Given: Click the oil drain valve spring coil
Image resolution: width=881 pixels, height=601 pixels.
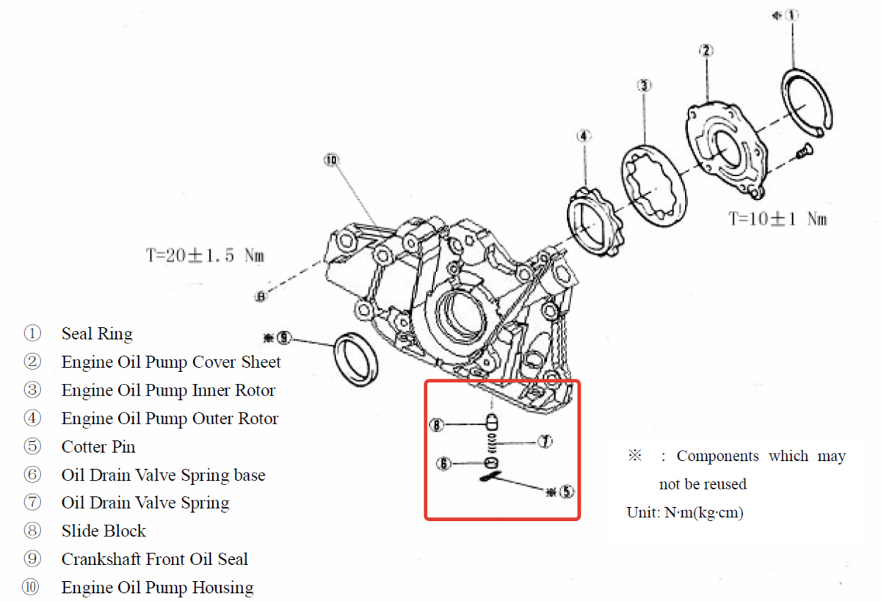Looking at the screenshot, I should coord(493,442).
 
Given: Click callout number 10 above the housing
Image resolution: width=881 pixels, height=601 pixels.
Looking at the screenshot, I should coord(330,159).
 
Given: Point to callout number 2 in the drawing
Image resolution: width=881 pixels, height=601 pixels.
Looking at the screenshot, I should coord(706,51).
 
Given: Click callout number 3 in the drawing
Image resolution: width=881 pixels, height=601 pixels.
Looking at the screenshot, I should coord(643,86).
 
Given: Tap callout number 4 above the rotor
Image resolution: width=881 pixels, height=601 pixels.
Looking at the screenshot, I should coord(583,136).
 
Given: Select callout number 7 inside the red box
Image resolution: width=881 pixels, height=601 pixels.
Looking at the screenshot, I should coord(544,442).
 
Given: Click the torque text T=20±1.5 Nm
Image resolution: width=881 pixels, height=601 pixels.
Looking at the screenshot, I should coord(204,256).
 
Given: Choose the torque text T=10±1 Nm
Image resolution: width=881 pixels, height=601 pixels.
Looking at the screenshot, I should coord(777,219).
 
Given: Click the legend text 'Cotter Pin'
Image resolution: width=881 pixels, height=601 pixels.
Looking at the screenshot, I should coord(98,447).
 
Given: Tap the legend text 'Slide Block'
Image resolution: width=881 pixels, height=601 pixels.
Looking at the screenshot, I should coord(104,531).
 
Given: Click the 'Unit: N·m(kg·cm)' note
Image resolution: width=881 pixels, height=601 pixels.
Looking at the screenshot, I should coord(685,512).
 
